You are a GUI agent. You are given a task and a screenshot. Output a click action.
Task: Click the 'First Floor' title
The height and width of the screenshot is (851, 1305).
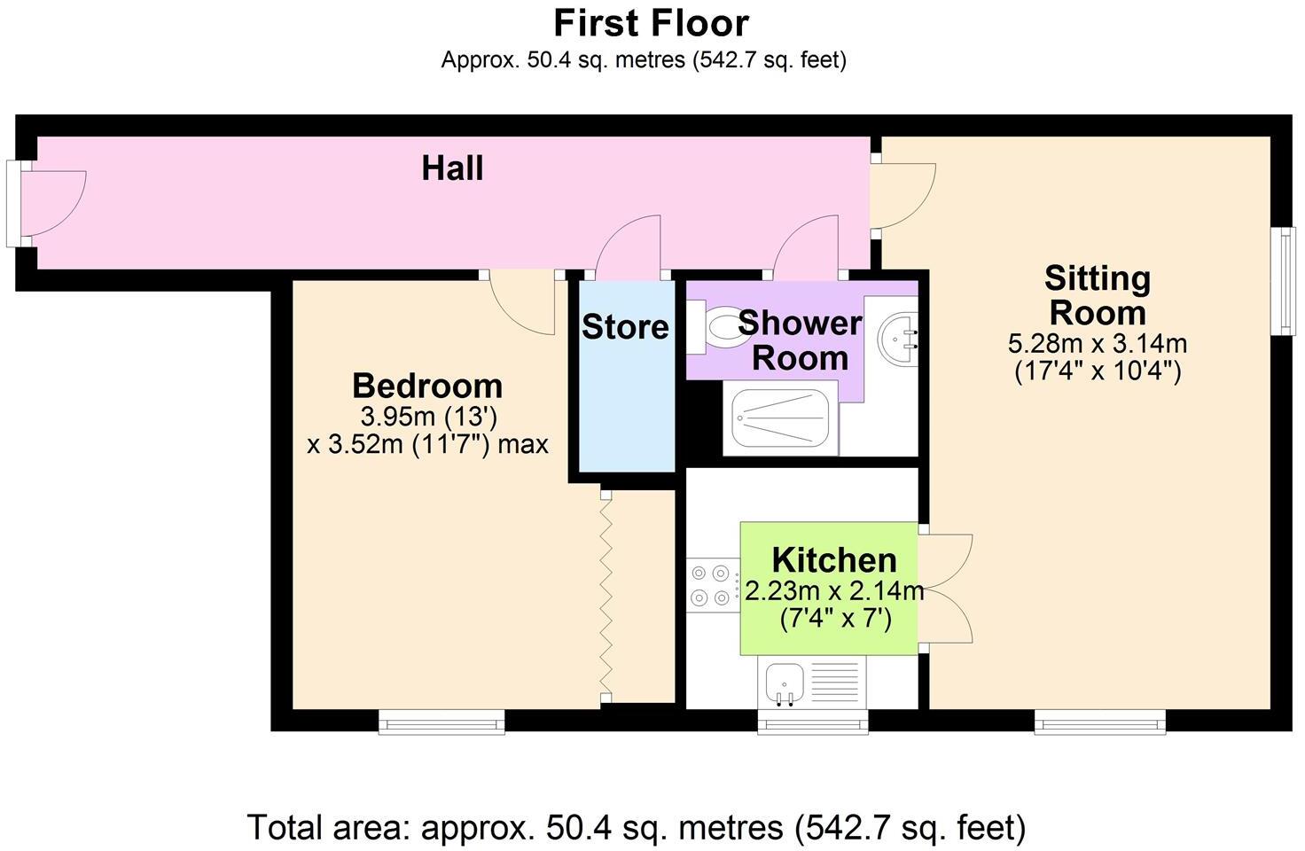pos(651,23)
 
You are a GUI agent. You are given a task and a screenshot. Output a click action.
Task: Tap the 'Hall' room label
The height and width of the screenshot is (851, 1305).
pos(452,168)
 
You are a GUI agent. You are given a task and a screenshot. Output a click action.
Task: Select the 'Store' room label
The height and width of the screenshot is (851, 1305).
pos(625,327)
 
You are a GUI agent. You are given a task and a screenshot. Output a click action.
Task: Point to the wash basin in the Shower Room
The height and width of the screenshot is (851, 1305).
pos(899,338)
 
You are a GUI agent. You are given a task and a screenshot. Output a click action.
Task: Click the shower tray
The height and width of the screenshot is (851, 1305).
pos(777,423)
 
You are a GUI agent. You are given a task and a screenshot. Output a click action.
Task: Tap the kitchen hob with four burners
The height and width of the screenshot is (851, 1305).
pos(713,585)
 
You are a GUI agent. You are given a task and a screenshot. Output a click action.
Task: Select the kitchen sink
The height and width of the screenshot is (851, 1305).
pos(784,683)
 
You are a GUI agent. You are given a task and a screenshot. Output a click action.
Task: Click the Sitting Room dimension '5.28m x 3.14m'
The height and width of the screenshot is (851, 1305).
pos(1097,343)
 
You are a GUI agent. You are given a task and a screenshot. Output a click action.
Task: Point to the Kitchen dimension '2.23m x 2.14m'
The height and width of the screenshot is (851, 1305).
pos(834,591)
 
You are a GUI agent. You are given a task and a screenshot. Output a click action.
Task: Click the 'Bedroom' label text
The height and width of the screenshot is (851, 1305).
pos(427,386)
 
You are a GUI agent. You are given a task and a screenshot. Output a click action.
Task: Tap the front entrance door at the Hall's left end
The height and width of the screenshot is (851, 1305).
pos(49,204)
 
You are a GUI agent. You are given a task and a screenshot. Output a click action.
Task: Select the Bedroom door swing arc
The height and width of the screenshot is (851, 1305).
pos(523,306)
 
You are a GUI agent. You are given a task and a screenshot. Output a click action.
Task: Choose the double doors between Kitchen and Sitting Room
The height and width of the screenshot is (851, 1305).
pos(947,589)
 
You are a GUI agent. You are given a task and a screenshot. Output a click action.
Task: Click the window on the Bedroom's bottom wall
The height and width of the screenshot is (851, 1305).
pos(442,722)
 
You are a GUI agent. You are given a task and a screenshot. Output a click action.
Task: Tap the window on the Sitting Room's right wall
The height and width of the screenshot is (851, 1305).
pos(1282,281)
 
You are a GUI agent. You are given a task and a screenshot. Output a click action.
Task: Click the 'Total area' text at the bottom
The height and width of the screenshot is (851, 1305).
pos(637,827)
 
